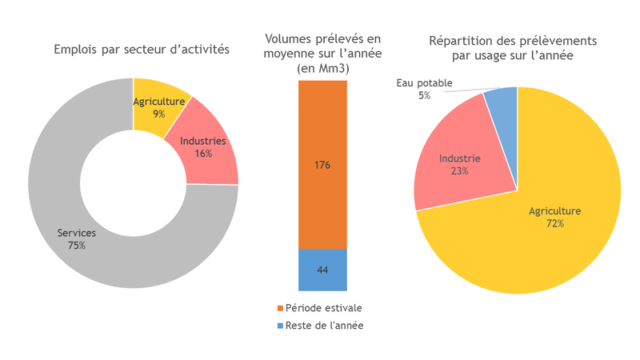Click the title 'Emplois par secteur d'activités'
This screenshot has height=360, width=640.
click(142, 49)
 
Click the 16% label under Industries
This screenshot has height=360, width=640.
click(203, 153)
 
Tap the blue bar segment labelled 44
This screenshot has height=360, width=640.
click(322, 270)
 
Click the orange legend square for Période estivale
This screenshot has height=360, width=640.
click(280, 308)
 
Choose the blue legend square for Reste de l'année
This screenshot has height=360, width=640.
click(280, 326)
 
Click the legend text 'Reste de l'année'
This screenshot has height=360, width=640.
click(323, 326)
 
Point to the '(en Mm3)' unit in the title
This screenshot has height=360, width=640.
click(323, 68)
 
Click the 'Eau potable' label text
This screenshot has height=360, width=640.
click(424, 83)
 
